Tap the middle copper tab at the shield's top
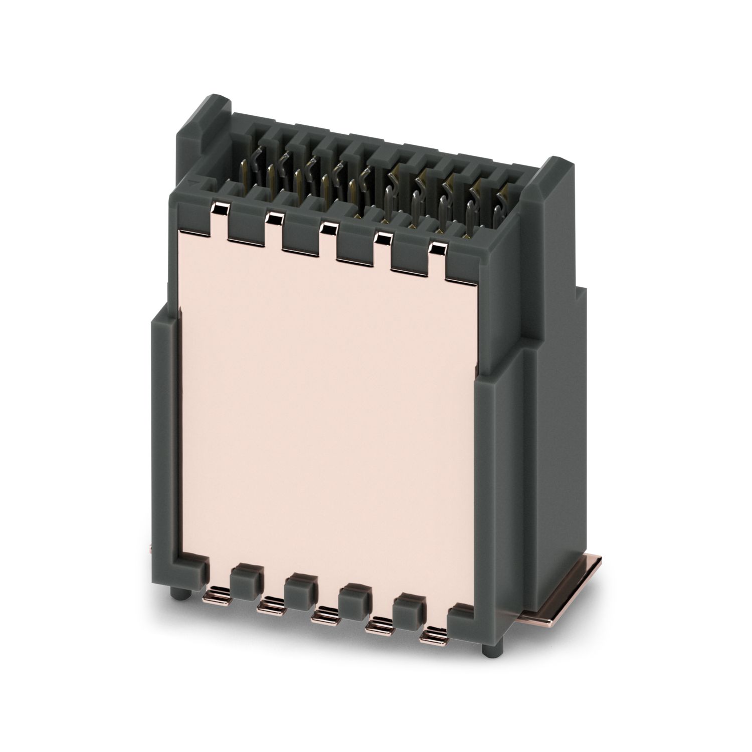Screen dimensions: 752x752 328,229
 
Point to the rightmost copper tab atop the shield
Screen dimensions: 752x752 438,249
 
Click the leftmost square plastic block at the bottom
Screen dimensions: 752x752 245,582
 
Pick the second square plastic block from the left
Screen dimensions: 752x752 300,592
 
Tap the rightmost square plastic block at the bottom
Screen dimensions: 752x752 409,613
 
